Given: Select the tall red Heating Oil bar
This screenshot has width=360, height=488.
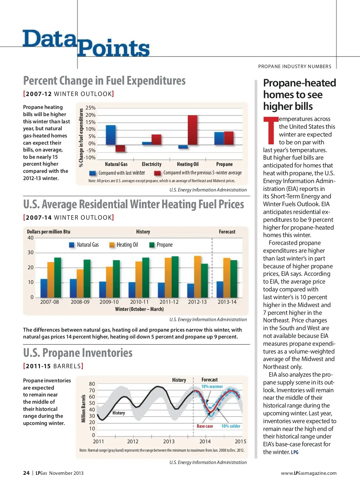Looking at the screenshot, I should click(x=193, y=130).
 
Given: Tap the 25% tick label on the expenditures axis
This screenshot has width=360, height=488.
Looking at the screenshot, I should click(x=90, y=108).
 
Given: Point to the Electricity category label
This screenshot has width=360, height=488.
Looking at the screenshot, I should click(x=151, y=164).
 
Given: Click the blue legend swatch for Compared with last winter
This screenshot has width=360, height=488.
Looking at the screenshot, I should click(x=93, y=173).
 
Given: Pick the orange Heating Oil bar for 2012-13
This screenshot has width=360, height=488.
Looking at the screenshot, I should click(x=197, y=276).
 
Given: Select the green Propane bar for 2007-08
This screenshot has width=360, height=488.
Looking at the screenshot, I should click(x=58, y=277).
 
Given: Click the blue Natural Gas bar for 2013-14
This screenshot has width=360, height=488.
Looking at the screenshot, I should click(x=220, y=289).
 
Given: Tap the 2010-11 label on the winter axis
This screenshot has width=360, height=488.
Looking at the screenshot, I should click(x=139, y=302).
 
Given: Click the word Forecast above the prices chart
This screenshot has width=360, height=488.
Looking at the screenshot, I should click(x=227, y=232).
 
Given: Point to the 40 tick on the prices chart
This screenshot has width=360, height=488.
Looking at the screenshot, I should click(x=31, y=238).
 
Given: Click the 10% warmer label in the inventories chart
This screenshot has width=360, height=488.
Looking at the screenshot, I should click(x=212, y=387).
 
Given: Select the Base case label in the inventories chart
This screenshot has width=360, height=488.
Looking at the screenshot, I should click(x=205, y=426).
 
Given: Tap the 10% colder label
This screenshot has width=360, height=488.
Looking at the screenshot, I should click(x=231, y=426).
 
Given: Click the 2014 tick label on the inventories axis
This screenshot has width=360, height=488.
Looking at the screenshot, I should click(x=205, y=441).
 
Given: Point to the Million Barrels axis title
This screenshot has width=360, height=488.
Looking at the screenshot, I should click(x=83, y=408).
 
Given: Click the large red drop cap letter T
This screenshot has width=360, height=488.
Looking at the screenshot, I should click(x=270, y=131).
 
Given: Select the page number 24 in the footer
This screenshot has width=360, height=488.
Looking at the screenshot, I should click(x=26, y=473).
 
